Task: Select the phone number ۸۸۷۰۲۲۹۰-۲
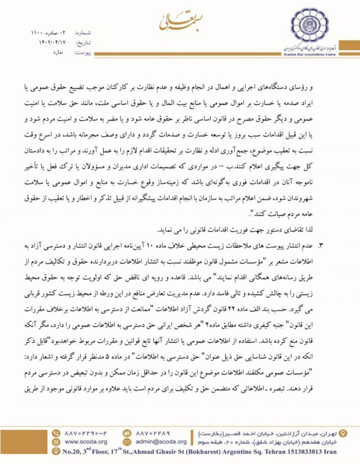[86, 432]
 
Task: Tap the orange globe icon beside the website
[55, 442]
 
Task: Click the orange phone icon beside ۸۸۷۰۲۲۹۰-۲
[55, 432]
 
